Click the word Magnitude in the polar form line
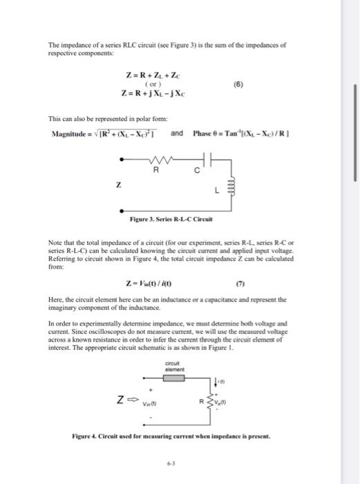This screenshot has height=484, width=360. coord(67,133)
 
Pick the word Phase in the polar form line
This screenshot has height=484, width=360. coord(203,133)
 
